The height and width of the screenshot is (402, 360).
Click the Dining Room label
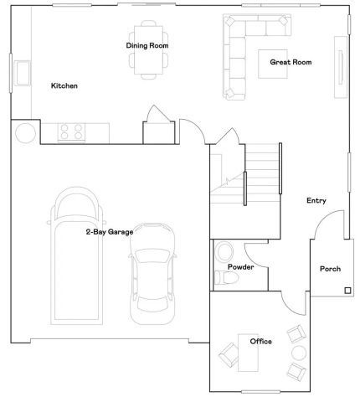pyautogui.click(x=149, y=45)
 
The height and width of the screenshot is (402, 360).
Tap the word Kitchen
pyautogui.click(x=64, y=85)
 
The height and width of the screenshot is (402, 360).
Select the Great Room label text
pyautogui.click(x=291, y=62)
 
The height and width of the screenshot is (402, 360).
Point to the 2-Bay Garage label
pyautogui.click(x=109, y=231)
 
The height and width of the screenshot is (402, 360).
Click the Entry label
pyautogui.click(x=316, y=200)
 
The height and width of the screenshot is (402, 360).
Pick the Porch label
pyautogui.click(x=331, y=269)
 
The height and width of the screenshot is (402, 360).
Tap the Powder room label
pyautogui.click(x=240, y=267)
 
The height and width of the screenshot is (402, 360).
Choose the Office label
pyautogui.click(x=260, y=341)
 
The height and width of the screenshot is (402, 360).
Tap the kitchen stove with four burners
pyautogui.click(x=70, y=131)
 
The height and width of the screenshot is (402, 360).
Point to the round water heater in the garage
pyautogui.click(x=25, y=132)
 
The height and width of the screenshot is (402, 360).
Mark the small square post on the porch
pyautogui.click(x=347, y=291)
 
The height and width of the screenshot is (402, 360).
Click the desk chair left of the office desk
pyautogui.click(x=229, y=353)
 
